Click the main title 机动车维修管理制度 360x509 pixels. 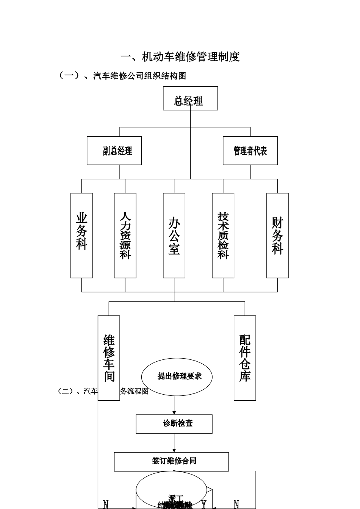point(180,57)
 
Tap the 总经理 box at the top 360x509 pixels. point(190,98)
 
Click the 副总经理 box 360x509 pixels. point(114,151)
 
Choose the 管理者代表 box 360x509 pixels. point(250,151)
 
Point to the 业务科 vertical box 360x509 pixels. point(81,235)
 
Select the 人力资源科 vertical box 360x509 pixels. point(125,235)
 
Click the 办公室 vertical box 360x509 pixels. point(174,235)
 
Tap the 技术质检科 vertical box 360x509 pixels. point(223,235)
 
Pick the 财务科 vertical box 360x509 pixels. point(277,235)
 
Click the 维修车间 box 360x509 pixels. point(109,358)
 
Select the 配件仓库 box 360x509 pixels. point(245,358)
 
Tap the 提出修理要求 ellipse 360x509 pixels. point(177,376)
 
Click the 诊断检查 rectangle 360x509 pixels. point(174,424)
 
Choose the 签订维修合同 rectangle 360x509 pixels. point(171,461)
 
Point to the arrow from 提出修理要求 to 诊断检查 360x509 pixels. point(174,405)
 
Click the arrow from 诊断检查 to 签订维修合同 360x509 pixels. point(174,443)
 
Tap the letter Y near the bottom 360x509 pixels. point(204,504)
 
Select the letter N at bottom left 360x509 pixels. point(106,504)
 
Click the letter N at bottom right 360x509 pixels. point(236,504)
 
